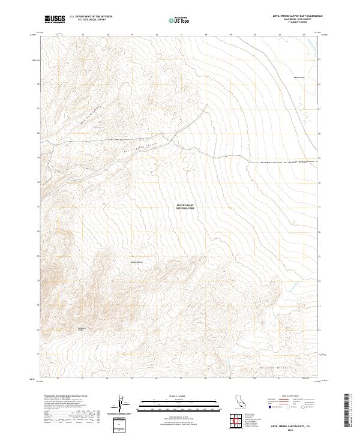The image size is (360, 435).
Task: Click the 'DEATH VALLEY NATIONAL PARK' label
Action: coord(185,206)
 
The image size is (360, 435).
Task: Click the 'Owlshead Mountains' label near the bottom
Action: coord(276,366)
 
